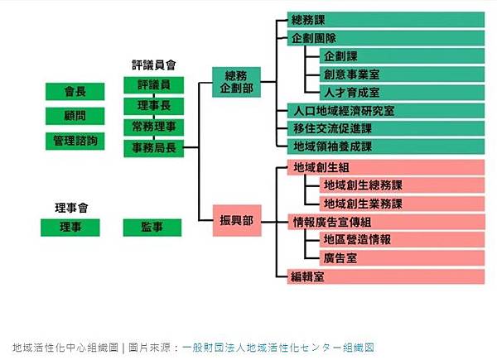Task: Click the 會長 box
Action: [75, 91]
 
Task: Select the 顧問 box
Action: [75, 116]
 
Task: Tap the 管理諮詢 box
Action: [75, 141]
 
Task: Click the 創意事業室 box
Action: [401, 74]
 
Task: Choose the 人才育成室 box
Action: [401, 92]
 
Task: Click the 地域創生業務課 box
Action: [401, 204]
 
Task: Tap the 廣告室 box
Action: [401, 257]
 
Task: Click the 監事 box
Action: [153, 227]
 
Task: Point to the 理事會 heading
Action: [70, 206]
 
